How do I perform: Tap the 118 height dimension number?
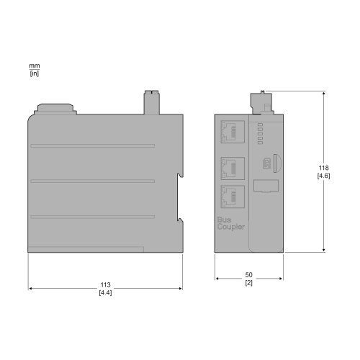click(x=324, y=168)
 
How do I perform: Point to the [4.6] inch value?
click(x=324, y=175)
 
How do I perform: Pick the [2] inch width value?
click(x=249, y=283)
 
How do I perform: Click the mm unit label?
click(x=34, y=66)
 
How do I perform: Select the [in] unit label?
click(x=34, y=73)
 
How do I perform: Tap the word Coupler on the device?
click(x=230, y=226)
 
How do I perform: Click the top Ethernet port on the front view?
click(x=232, y=131)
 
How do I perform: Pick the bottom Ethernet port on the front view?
click(x=232, y=195)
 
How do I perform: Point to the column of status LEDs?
click(x=260, y=132)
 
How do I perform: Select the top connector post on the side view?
click(x=151, y=102)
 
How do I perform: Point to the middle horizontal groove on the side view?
click(x=91, y=181)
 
